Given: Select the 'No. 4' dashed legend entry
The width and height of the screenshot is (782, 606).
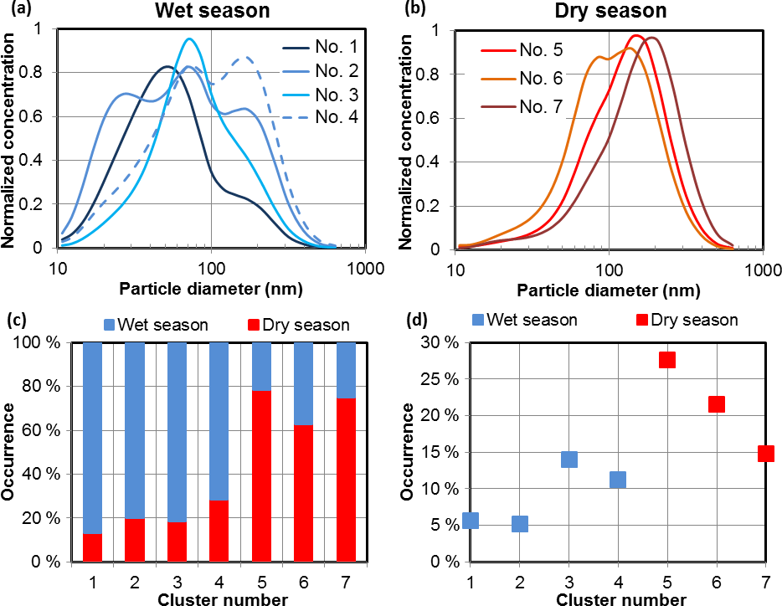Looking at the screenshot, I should click(x=334, y=117).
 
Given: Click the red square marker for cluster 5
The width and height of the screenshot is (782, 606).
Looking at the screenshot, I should click(x=667, y=360).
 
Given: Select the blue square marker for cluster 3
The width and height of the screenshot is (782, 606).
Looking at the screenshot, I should click(x=569, y=459).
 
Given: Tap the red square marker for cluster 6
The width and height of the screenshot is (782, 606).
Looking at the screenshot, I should click(x=717, y=404).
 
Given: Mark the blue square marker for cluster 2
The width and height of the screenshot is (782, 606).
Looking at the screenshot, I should click(x=520, y=524).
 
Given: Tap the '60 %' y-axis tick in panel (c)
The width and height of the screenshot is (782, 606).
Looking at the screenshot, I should click(x=44, y=430).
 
